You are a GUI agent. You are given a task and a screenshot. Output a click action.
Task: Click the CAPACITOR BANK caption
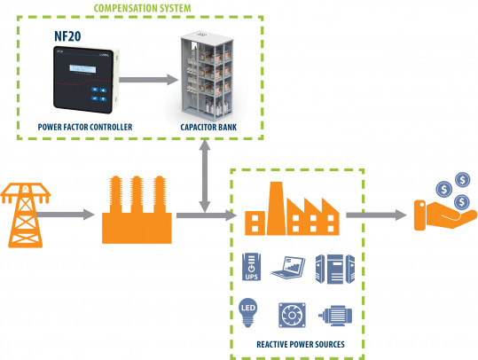pos(208,128)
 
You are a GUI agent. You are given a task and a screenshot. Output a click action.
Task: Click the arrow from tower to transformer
pos(72,215)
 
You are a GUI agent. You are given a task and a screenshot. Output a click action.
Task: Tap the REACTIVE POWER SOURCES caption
pos(294,342)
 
